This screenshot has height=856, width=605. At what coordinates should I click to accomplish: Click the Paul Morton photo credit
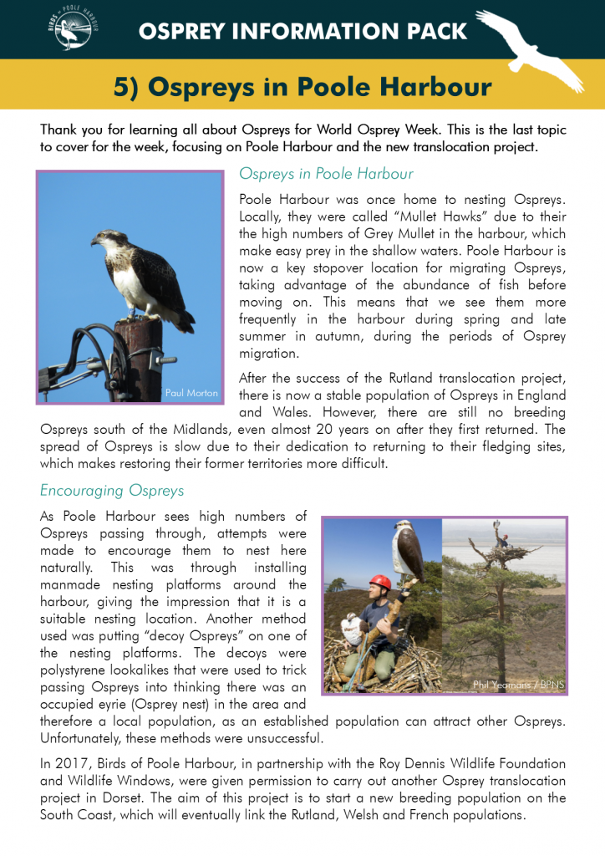[x=191, y=392]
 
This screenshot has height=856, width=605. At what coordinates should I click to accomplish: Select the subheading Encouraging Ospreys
[x=112, y=490]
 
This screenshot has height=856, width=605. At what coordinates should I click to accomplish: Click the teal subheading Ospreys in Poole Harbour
[x=326, y=174]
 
